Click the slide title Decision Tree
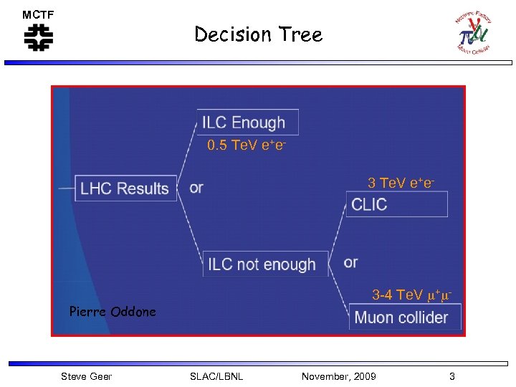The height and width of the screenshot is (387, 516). pyautogui.click(x=258, y=34)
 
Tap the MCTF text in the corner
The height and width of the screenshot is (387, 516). pyautogui.click(x=38, y=15)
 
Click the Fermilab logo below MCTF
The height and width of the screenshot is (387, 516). pyautogui.click(x=39, y=37)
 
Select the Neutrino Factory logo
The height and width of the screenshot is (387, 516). pyautogui.click(x=474, y=32)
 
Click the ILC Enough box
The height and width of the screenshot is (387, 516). pyautogui.click(x=247, y=123)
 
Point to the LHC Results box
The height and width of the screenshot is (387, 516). pyautogui.click(x=125, y=188)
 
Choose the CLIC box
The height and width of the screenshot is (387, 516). pyautogui.click(x=397, y=204)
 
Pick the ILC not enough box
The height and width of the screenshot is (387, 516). pyautogui.click(x=265, y=264)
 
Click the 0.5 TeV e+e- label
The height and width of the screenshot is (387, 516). pyautogui.click(x=247, y=146)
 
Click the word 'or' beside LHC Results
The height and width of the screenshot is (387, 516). pyautogui.click(x=196, y=188)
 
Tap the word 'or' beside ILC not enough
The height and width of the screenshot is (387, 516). pyautogui.click(x=350, y=262)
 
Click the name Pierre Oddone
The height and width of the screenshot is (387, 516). pyautogui.click(x=113, y=312)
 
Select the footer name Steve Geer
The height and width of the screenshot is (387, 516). pyautogui.click(x=86, y=376)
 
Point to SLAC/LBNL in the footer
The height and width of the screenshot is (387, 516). pyautogui.click(x=216, y=376)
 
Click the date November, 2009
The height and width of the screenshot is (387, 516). pyautogui.click(x=338, y=376)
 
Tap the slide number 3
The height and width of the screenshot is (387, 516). pyautogui.click(x=451, y=376)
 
